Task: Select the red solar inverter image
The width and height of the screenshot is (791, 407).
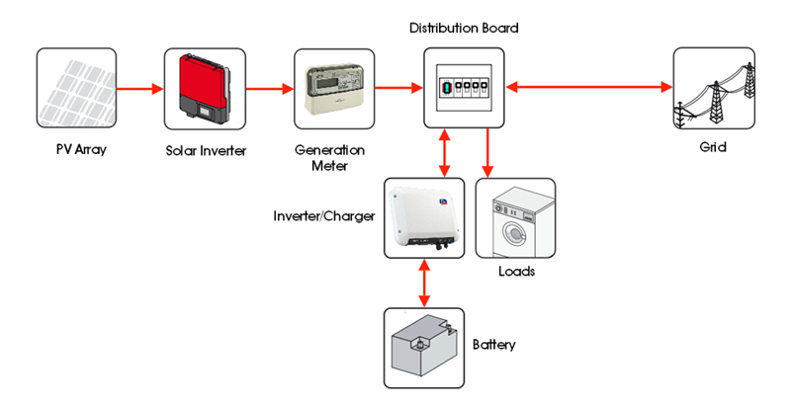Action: [204, 88]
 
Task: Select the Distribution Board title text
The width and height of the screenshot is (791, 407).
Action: [464, 28]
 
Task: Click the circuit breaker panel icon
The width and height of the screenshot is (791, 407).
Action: [464, 88]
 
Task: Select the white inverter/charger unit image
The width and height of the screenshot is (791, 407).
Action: [424, 217]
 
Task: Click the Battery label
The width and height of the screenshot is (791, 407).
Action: [494, 345]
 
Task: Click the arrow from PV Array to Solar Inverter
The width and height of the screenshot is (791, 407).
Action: [139, 89]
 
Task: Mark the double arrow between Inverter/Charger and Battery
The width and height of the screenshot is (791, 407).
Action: [425, 283]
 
